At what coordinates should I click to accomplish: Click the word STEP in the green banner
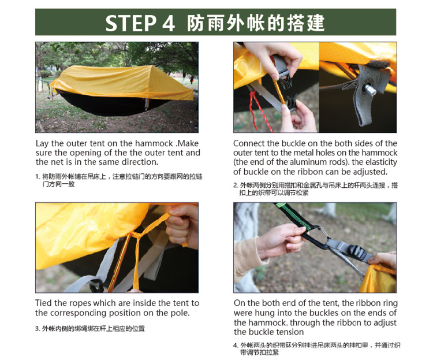(x=131, y=23)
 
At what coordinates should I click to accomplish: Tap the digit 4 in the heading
(x=169, y=23)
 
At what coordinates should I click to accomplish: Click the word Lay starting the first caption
(x=43, y=144)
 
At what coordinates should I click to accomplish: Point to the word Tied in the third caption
(x=44, y=303)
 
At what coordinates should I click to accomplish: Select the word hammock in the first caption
(x=154, y=143)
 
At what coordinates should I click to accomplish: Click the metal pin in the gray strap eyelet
(x=370, y=89)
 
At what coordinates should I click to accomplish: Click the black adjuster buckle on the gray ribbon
(x=357, y=251)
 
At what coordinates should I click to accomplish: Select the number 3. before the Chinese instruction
(x=38, y=329)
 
